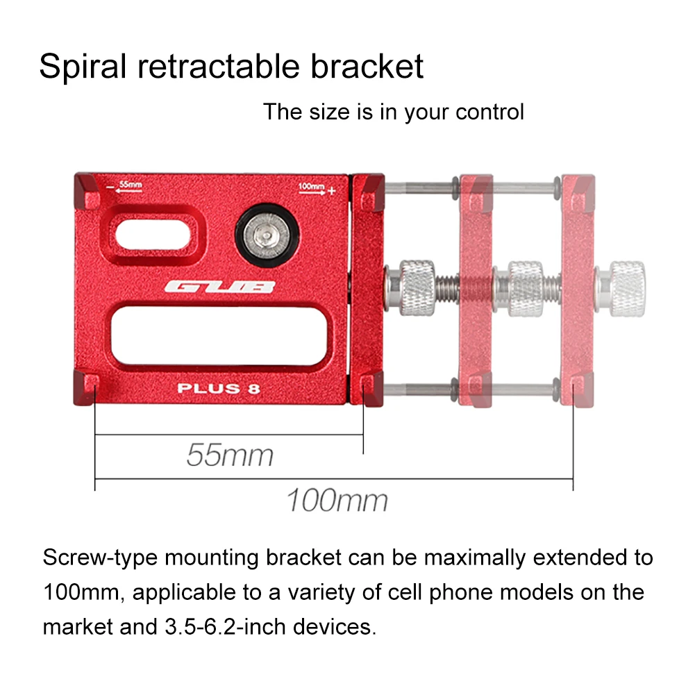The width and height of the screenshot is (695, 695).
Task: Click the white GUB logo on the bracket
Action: click(x=219, y=287)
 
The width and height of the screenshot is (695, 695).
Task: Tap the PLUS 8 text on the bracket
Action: click(x=219, y=388)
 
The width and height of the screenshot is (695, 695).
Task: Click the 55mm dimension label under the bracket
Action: click(x=230, y=455)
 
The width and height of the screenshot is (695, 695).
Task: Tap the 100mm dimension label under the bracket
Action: click(x=337, y=500)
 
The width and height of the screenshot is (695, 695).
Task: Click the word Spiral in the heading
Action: click(x=83, y=67)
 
